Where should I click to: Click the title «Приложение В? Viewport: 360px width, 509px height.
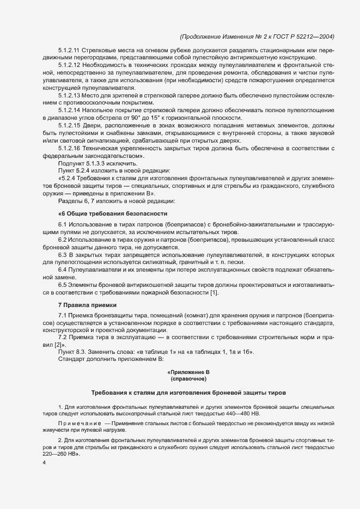point(188,372)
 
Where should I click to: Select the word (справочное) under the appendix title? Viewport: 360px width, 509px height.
point(188,379)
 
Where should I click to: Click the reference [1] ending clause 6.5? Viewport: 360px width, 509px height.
point(214,293)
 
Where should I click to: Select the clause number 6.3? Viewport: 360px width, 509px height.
point(63,254)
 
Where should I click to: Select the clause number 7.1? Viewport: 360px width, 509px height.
point(63,316)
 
